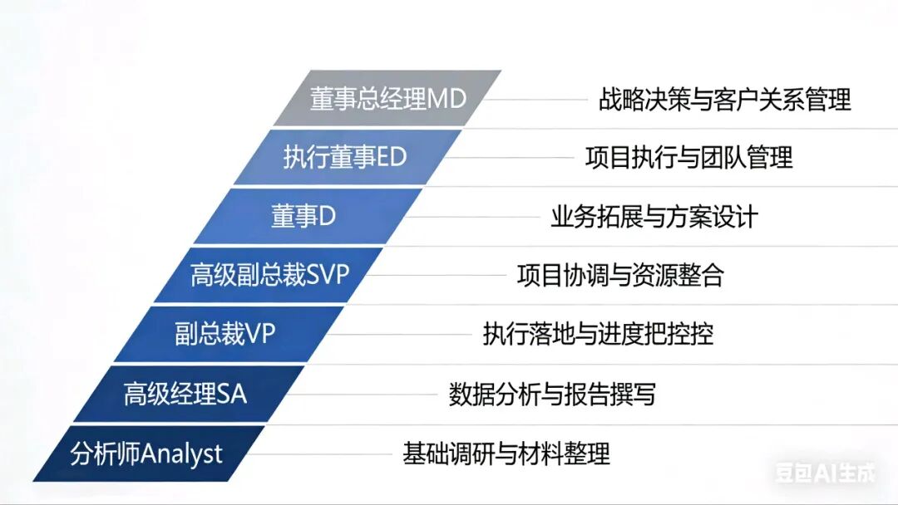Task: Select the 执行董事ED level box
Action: pyautogui.click(x=345, y=157)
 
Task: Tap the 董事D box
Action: pyautogui.click(x=303, y=216)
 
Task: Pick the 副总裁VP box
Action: pyautogui.click(x=225, y=334)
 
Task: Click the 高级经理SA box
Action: pyautogui.click(x=185, y=394)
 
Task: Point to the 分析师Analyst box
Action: pyautogui.click(x=147, y=454)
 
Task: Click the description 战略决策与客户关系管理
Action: pyautogui.click(x=724, y=100)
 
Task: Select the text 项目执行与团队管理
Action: pyautogui.click(x=688, y=157)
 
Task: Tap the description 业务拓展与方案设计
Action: pyautogui.click(x=654, y=217)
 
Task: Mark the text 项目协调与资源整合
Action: pyautogui.click(x=620, y=275)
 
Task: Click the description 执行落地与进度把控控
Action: pyautogui.click(x=598, y=334)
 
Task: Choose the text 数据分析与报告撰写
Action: pyautogui.click(x=552, y=394)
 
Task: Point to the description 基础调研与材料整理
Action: pyautogui.click(x=506, y=454)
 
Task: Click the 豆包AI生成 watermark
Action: pyautogui.click(x=826, y=473)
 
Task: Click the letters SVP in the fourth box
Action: pyautogui.click(x=328, y=276)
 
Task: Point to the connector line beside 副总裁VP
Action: pyautogui.click(x=399, y=335)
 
